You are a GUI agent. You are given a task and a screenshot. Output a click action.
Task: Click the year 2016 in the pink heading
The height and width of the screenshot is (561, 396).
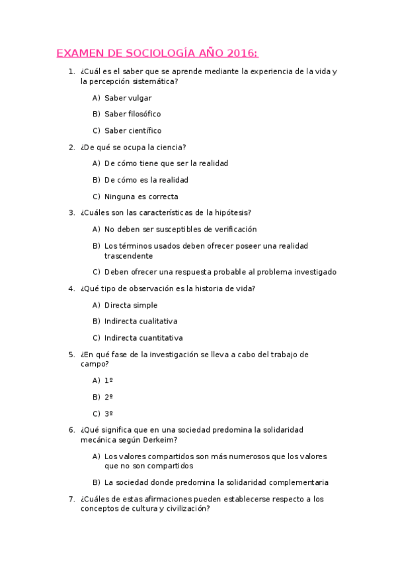(x=242, y=53)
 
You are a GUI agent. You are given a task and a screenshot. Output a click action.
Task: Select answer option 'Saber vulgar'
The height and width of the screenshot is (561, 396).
(x=128, y=98)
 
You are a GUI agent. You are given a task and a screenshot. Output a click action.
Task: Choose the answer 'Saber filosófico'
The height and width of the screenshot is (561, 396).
(x=132, y=114)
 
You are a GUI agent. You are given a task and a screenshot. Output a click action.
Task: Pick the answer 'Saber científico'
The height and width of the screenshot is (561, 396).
(x=132, y=131)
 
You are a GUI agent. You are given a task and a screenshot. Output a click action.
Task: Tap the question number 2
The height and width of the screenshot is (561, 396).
(x=71, y=147)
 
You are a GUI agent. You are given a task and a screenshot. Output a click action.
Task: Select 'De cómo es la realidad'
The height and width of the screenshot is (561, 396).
(x=146, y=180)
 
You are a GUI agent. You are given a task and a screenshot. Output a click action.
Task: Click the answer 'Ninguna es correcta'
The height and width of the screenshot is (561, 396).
(x=141, y=196)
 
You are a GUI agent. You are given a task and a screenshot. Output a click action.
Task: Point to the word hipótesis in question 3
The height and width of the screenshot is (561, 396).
(x=232, y=212)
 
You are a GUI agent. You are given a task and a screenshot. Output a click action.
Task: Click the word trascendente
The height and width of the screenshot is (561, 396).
(x=128, y=255)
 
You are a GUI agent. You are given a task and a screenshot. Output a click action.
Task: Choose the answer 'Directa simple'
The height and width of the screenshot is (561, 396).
(x=131, y=305)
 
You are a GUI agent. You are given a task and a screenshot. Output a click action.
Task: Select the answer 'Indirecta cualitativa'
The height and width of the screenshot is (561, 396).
(x=141, y=322)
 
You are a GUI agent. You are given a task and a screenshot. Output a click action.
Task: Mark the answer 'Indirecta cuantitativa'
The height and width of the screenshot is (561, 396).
(x=143, y=338)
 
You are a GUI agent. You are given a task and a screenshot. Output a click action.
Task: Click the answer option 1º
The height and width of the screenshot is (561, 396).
(x=108, y=380)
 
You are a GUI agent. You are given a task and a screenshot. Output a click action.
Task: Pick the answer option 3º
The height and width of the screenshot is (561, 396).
(x=108, y=413)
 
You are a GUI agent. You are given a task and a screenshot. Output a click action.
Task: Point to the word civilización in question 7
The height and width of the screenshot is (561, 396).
(x=182, y=509)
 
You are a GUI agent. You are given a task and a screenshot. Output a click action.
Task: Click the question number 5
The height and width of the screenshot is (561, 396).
(x=71, y=355)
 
